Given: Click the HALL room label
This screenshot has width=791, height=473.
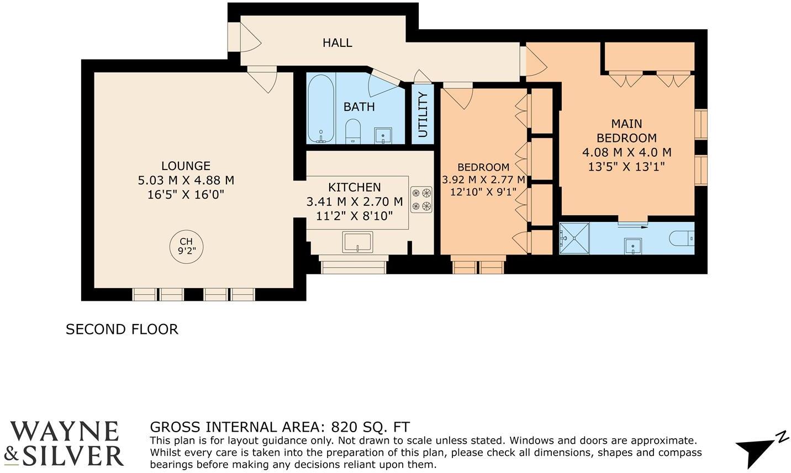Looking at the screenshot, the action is tap(338, 43).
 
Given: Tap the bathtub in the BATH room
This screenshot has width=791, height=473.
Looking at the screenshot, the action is tap(320, 108).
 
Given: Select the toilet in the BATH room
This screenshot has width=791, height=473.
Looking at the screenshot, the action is tap(352, 131).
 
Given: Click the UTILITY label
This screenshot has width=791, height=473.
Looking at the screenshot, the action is tap(423, 115).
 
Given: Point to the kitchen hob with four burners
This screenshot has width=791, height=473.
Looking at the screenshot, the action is tap(421, 199).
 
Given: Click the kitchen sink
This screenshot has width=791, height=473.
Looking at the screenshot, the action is tap(357, 242).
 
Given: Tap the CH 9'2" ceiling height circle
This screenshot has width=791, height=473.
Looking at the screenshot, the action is tap(186, 246).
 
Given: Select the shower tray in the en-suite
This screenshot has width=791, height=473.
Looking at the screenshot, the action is tap(574, 238).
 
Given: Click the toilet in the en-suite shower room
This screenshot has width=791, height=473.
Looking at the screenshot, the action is tap(682, 239).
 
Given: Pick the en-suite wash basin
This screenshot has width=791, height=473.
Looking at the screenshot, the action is tap(633, 246).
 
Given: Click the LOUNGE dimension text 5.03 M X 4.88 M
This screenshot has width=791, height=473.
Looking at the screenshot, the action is tap(186, 180).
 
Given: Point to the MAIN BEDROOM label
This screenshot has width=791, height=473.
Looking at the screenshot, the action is tap(626, 131).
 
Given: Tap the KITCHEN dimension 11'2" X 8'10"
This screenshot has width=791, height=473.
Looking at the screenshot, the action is tap(354, 215).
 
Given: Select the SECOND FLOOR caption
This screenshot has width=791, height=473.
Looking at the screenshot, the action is tap(122, 329).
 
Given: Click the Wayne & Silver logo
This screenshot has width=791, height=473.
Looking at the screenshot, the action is tap(64, 444).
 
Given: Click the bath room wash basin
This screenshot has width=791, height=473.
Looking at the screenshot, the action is tap(383, 135).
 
